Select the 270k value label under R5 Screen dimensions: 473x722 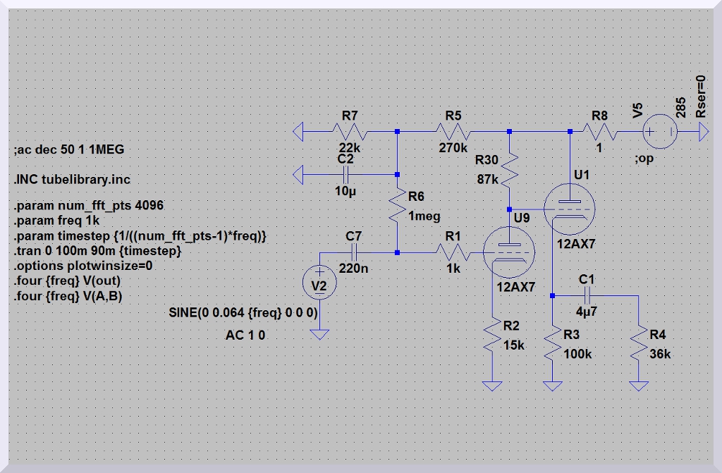(x=453, y=148)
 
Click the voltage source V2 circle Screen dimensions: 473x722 (x=319, y=283)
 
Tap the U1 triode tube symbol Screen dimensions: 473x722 (x=570, y=209)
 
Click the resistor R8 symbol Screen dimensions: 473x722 (x=601, y=131)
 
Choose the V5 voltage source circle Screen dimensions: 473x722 (x=661, y=131)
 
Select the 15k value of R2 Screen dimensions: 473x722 (x=515, y=345)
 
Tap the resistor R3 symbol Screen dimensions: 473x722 (x=553, y=344)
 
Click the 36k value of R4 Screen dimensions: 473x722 (x=661, y=354)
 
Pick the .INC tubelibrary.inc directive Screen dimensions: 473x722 (x=71, y=179)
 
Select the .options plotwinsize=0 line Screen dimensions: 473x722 (x=83, y=266)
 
